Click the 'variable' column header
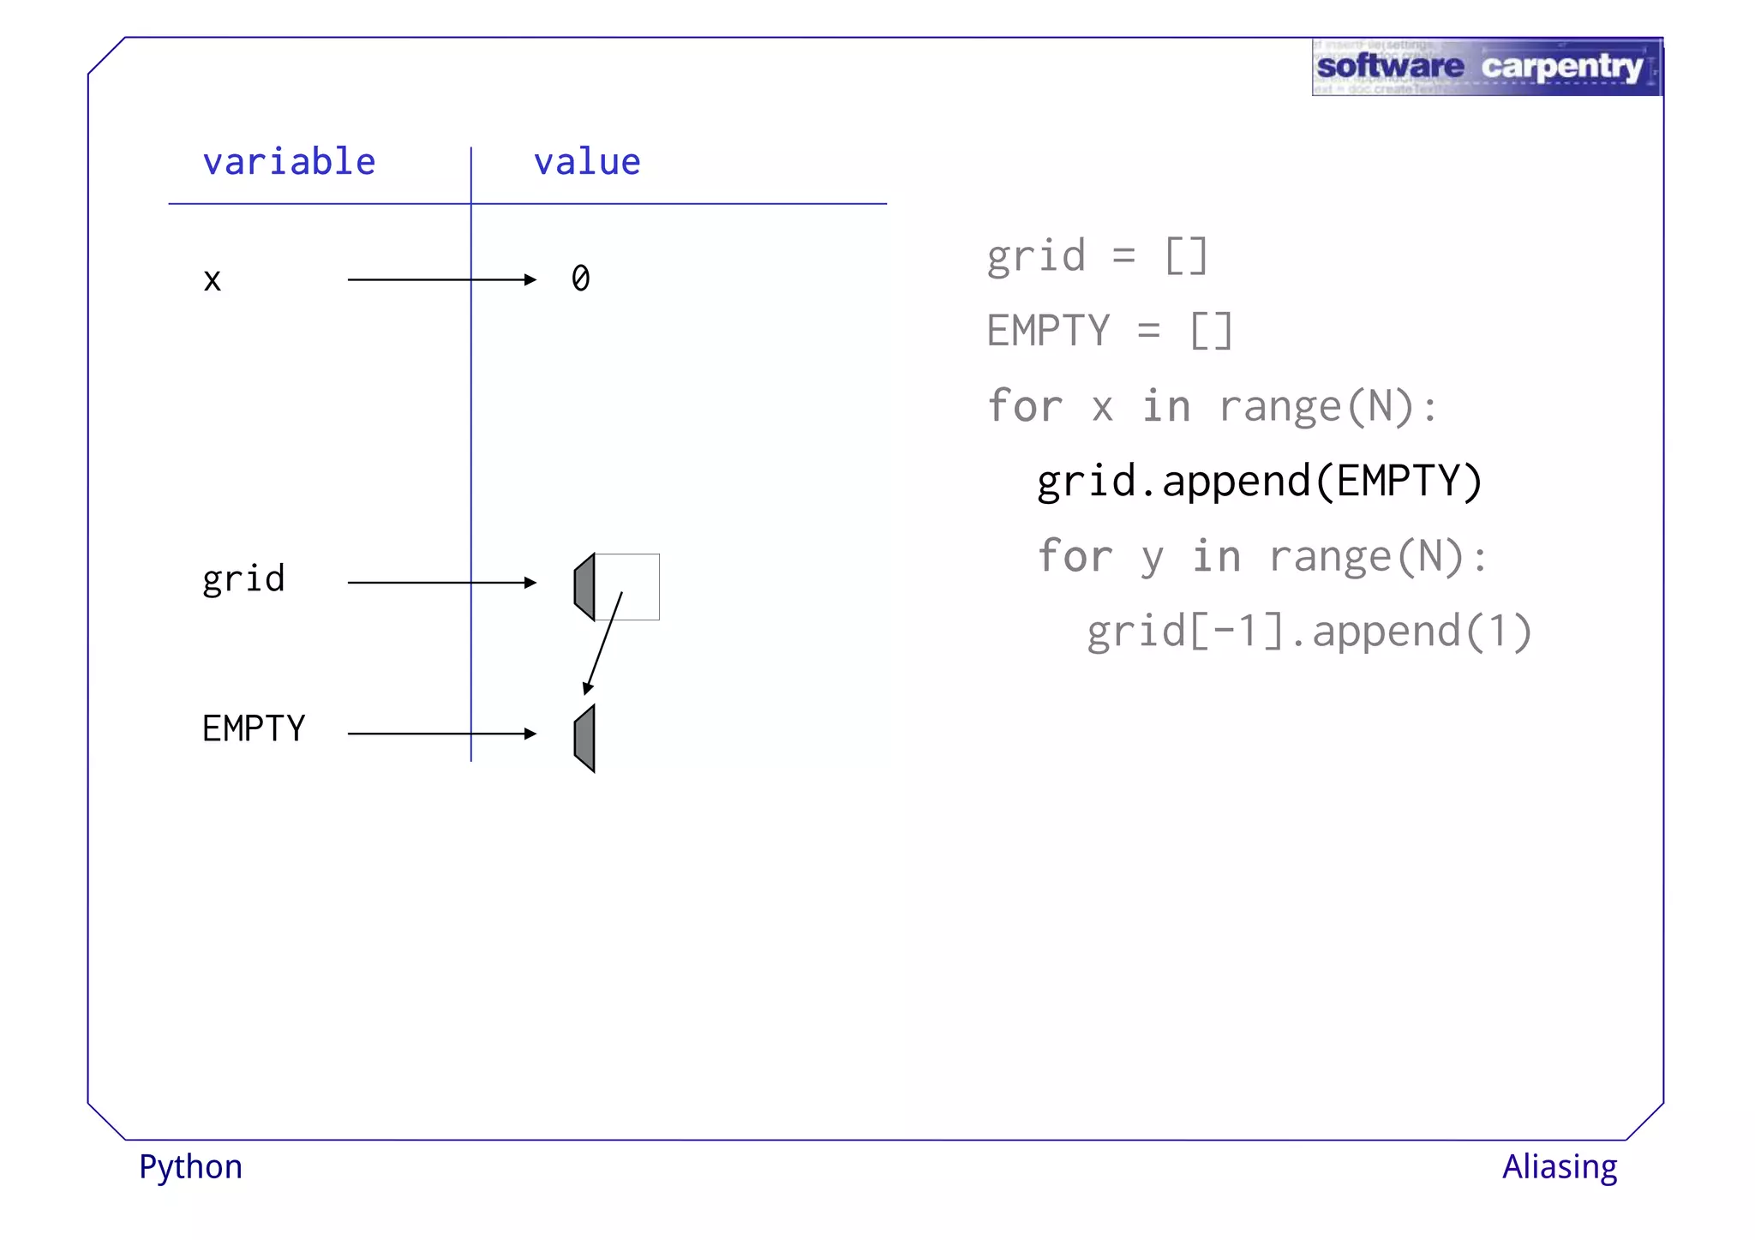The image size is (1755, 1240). coord(289,162)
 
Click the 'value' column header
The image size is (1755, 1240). coord(587,162)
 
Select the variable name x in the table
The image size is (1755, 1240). coord(213,280)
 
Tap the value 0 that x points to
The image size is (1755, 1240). coord(580,279)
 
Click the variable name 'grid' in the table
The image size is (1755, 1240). coord(243,580)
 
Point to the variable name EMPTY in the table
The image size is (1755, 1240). coord(254,729)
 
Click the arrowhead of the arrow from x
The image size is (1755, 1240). coord(530,279)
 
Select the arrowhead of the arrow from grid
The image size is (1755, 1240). coord(530,583)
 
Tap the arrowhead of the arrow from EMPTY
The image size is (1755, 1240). coord(530,734)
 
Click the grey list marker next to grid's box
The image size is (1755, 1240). coord(585,587)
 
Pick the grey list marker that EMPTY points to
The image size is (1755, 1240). coord(585,739)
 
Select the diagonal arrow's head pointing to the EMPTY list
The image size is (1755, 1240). coord(588,687)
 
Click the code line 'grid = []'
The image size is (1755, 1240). coord(1097,256)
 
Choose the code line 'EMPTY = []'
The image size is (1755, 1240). coord(1110,331)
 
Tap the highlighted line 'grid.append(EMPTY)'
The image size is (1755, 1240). coord(1259,481)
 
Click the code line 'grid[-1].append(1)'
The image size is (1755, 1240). coord(1309,632)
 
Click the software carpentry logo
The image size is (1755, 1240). coord(1486,67)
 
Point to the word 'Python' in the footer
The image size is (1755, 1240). coord(191,1168)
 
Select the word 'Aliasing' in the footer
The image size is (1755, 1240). coord(1559,1167)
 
